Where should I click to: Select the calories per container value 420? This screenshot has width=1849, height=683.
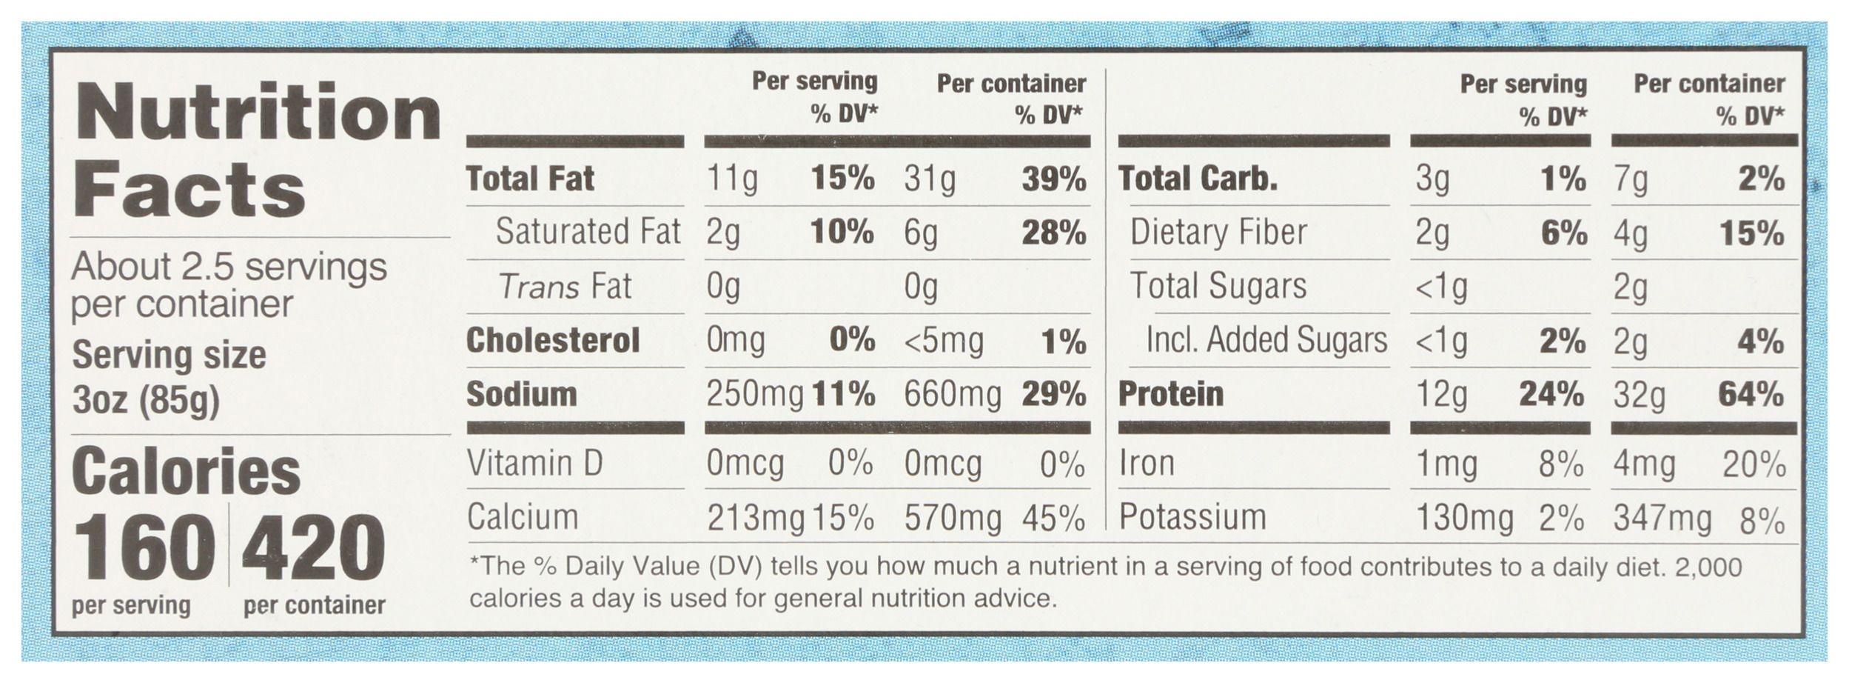pyautogui.click(x=313, y=549)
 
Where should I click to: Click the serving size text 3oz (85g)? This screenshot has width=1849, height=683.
pyautogui.click(x=146, y=400)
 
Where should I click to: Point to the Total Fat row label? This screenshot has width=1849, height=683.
pyautogui.click(x=530, y=179)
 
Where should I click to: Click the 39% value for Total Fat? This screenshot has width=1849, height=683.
pyautogui.click(x=1053, y=179)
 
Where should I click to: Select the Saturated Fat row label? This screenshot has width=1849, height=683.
pyautogui.click(x=588, y=232)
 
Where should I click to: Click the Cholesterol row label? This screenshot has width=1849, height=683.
pyautogui.click(x=553, y=341)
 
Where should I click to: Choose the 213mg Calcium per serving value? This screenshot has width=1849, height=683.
pyautogui.click(x=755, y=519)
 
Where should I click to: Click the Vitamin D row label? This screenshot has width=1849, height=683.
pyautogui.click(x=535, y=464)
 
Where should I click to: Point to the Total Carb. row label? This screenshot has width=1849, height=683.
pyautogui.click(x=1198, y=179)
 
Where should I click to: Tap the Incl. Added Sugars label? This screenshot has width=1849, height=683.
pyautogui.click(x=1266, y=341)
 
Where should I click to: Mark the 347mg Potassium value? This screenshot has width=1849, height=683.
pyautogui.click(x=1662, y=519)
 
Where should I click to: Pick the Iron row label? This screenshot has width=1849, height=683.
pyautogui.click(x=1147, y=464)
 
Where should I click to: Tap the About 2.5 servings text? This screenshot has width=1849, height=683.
pyautogui.click(x=229, y=267)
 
